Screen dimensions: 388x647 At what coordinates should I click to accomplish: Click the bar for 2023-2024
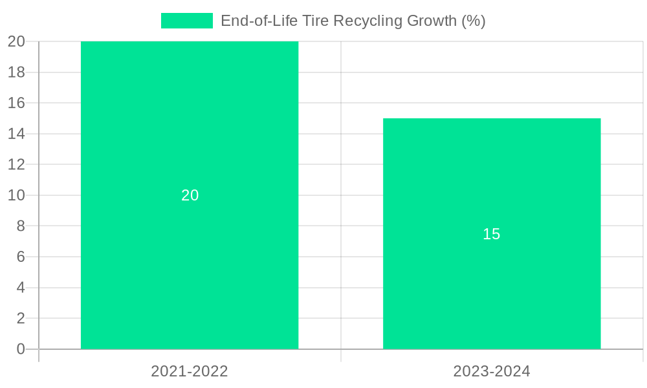point(492,291)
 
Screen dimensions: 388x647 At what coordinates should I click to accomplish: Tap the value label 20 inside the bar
point(190,195)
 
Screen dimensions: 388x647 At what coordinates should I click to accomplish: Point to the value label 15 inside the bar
point(492,234)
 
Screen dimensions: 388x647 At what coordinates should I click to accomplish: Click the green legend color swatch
point(186,21)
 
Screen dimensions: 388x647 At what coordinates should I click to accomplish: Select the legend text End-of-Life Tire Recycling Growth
point(353,21)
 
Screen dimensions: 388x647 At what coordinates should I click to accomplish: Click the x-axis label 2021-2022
point(190,371)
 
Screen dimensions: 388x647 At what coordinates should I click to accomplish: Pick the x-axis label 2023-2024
point(492,371)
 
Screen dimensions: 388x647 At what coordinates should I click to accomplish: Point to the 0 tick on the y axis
point(21,349)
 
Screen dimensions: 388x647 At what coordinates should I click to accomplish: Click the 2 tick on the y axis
point(21,318)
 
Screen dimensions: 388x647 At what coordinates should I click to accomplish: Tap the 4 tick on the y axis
point(21,288)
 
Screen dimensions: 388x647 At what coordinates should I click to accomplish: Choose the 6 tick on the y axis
point(21,257)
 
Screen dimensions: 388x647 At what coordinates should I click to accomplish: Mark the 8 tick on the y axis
point(21,226)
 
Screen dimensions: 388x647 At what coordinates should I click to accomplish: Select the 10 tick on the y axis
point(17,195)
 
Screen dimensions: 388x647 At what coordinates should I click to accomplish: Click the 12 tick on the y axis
point(17,164)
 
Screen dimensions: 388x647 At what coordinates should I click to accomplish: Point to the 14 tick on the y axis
point(17,134)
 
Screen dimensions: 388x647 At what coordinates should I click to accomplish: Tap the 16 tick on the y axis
point(17,103)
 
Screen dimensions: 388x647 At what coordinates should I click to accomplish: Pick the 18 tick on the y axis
point(17,72)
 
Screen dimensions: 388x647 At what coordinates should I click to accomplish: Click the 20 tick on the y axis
point(17,41)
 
